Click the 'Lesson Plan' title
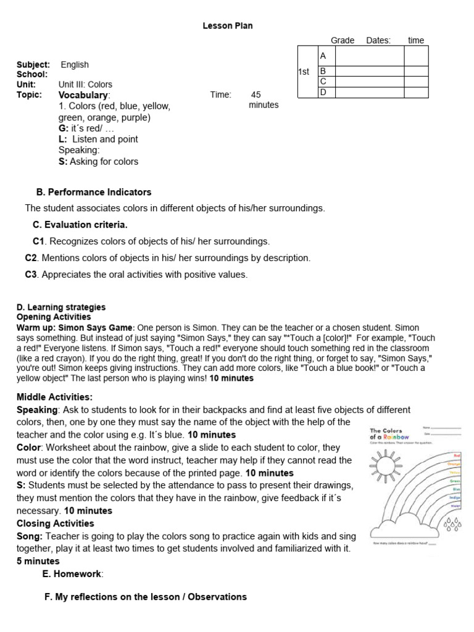(x=228, y=25)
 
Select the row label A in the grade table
(x=323, y=56)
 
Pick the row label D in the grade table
(x=323, y=93)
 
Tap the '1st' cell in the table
(x=304, y=72)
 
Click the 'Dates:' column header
(x=378, y=40)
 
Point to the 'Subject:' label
(x=33, y=65)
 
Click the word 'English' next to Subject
(x=75, y=65)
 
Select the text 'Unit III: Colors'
(x=85, y=85)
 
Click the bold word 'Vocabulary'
(x=83, y=95)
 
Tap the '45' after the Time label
(x=256, y=95)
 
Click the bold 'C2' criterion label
(x=31, y=257)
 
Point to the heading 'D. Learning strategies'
(x=61, y=307)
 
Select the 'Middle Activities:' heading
(x=54, y=397)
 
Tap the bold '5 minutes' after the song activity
(x=38, y=561)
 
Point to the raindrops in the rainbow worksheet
(x=452, y=523)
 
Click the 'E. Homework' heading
(x=72, y=574)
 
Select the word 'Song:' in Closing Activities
(x=30, y=536)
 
